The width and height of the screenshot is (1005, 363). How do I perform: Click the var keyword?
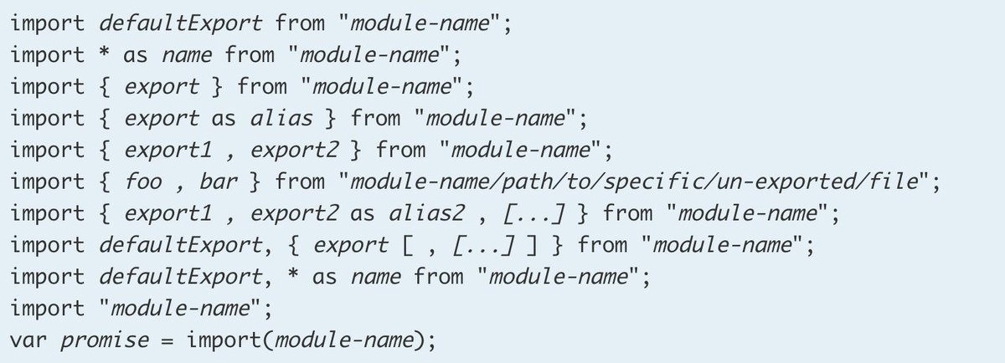coord(30,341)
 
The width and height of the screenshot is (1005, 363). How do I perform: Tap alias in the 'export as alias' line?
coord(281,117)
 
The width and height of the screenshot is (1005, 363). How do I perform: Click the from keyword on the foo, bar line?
coord(300,181)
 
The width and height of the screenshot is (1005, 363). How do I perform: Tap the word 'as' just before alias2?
coord(362,213)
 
